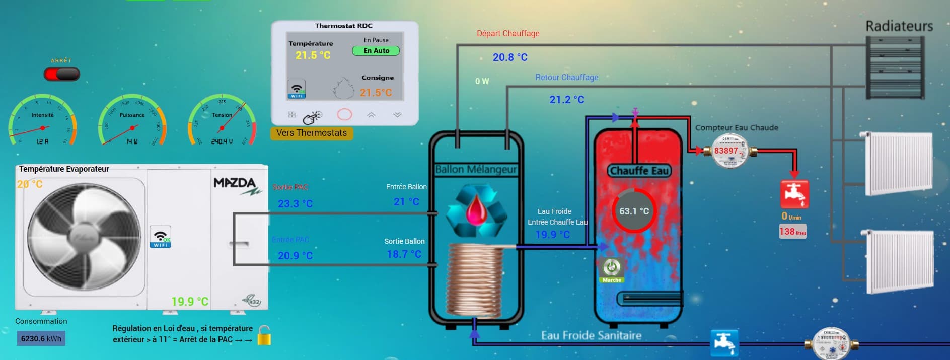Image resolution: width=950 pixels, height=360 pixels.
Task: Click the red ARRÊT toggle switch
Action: (x=61, y=75)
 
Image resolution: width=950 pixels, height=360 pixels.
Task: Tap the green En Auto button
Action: (x=376, y=51)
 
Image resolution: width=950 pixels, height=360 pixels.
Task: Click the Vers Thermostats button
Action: (x=312, y=133)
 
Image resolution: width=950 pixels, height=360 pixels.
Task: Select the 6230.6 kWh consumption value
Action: (x=41, y=339)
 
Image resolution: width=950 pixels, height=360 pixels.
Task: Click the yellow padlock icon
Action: (x=264, y=336)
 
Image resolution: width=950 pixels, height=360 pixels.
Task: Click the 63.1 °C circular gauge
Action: (x=634, y=211)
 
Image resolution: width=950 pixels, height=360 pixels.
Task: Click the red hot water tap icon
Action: (x=794, y=194)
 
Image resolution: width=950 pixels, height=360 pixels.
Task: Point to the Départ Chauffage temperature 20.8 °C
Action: (x=510, y=57)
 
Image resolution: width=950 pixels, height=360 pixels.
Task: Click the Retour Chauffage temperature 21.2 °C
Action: (x=567, y=100)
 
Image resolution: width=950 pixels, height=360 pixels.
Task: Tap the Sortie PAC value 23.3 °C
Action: (x=295, y=204)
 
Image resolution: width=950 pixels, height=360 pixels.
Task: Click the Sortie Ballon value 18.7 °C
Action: (x=404, y=254)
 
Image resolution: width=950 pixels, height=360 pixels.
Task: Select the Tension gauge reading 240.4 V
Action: (x=222, y=142)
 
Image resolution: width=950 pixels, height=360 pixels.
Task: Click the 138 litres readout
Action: (x=792, y=232)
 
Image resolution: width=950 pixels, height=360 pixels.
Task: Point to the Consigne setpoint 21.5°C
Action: (x=376, y=93)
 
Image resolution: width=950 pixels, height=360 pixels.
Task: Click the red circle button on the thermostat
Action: (x=344, y=115)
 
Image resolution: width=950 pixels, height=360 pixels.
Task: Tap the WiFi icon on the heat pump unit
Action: (x=161, y=237)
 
